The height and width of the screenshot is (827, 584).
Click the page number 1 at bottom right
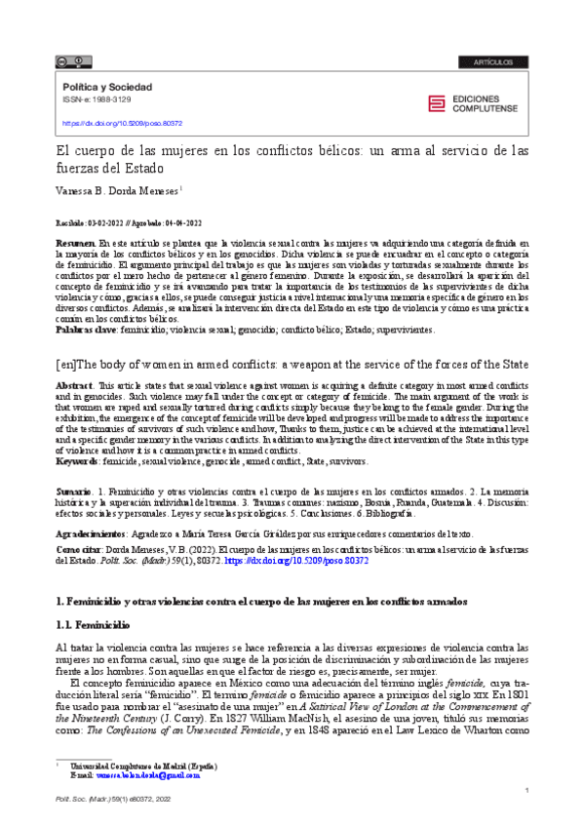[526, 789]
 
